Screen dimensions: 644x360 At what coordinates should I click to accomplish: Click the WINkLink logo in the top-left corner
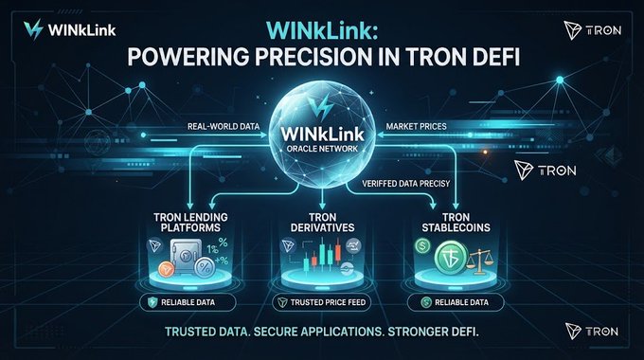coord(70,29)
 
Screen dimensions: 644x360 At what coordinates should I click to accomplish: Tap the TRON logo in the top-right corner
coord(592,30)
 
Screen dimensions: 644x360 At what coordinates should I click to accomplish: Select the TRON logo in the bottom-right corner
coord(592,332)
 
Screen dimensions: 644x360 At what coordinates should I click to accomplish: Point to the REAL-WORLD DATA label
coord(224,126)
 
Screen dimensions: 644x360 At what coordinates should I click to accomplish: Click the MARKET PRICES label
coord(416,126)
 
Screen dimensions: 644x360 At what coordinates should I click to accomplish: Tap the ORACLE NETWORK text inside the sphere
coord(322,149)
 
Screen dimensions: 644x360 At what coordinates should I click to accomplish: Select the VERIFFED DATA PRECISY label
coord(405,183)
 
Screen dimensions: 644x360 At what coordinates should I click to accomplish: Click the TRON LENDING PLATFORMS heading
coord(190,222)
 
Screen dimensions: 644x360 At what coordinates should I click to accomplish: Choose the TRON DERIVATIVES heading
coord(322,222)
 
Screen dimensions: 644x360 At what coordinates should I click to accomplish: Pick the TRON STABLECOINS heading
coord(456,222)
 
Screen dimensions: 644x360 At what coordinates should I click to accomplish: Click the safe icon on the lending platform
coord(186,255)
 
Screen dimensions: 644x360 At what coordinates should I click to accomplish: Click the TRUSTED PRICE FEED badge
coord(322,303)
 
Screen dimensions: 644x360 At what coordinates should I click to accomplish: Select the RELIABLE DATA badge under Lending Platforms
coord(188,303)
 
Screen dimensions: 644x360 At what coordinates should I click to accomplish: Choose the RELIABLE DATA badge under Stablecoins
coord(456,303)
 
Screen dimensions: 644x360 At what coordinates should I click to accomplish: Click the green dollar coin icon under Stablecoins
coord(422,246)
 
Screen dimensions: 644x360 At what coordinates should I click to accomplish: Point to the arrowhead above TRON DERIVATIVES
coord(322,205)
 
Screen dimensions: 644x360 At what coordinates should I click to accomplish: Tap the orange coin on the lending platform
coord(167,270)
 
